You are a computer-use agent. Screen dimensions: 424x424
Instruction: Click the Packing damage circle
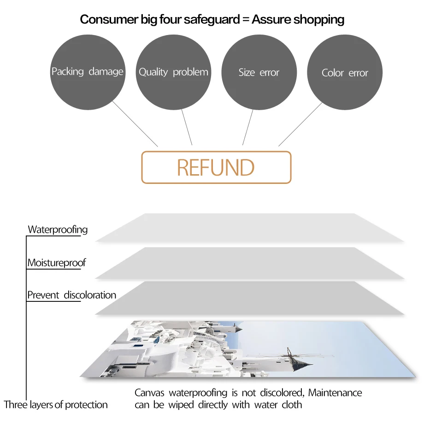(88, 72)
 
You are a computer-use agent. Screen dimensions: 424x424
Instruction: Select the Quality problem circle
(173, 72)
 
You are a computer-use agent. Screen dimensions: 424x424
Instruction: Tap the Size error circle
(259, 72)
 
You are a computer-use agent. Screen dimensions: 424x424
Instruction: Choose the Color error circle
(345, 72)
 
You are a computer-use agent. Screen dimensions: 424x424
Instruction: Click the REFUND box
(216, 167)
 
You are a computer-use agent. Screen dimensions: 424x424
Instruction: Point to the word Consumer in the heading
(107, 19)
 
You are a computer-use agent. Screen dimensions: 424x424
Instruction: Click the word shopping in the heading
(319, 19)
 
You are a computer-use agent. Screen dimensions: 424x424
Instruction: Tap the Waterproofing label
(58, 230)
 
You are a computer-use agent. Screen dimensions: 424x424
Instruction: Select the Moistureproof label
(56, 263)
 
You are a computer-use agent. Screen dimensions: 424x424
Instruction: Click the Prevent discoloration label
(71, 295)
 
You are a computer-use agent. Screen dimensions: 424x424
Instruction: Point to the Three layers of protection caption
(56, 405)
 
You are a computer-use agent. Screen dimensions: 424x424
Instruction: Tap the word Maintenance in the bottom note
(335, 393)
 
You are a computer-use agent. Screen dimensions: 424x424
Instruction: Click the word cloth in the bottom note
(292, 405)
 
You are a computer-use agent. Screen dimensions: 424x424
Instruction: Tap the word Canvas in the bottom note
(150, 393)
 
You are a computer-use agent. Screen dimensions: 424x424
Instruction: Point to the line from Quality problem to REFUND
(187, 127)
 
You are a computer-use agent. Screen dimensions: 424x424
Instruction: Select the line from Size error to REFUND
(248, 127)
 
